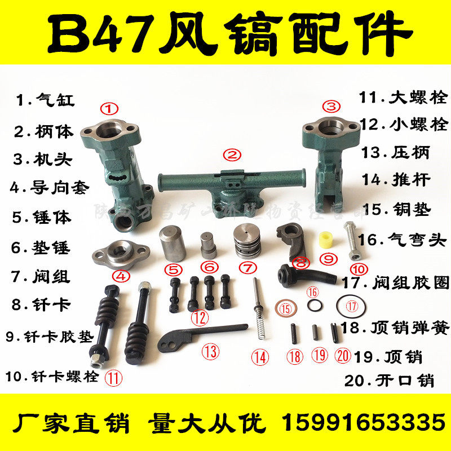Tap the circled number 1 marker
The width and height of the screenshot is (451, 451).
(109, 107)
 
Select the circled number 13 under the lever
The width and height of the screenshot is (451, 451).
(210, 352)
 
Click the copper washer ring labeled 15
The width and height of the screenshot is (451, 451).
(286, 308)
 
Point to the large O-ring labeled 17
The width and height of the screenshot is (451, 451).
(352, 306)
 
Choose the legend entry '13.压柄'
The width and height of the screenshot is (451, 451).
(395, 152)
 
